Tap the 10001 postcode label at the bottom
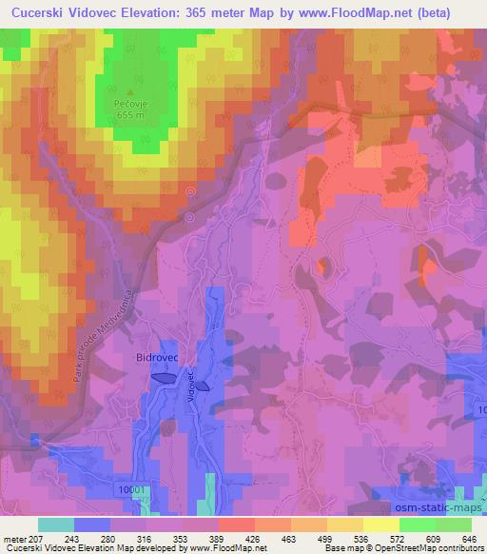point(134,489)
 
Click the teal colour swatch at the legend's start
point(55,524)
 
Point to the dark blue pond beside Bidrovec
point(162,378)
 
